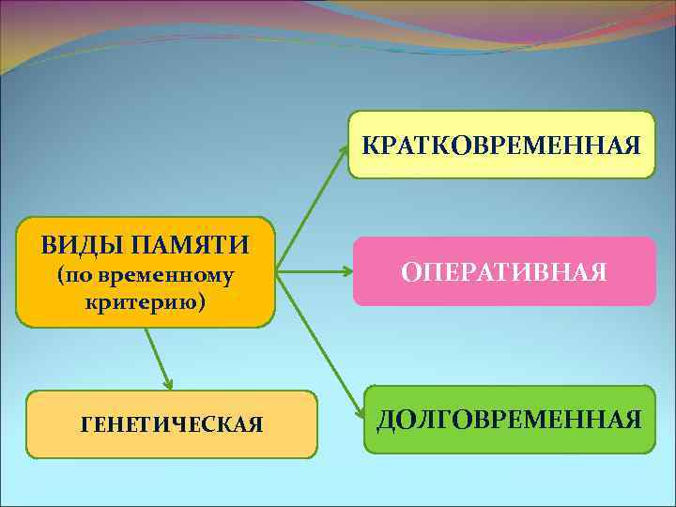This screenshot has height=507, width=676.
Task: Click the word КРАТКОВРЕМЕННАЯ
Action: coord(501,146)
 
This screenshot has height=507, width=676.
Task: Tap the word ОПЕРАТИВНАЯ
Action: coord(504,272)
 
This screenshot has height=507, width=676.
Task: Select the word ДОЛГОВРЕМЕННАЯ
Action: coord(510,419)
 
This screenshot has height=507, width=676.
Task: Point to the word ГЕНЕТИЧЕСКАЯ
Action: coord(172,425)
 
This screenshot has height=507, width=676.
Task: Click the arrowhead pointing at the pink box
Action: coord(346,272)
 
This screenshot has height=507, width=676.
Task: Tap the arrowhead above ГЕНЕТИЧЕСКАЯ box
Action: coord(169,383)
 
